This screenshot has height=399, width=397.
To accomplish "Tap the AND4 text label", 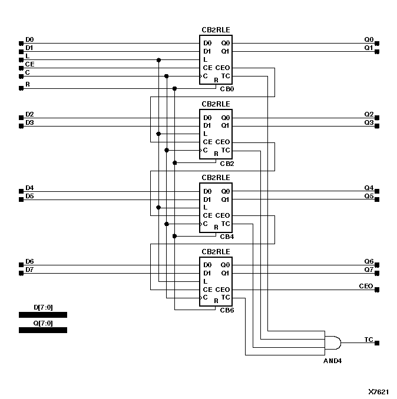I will point(332,360).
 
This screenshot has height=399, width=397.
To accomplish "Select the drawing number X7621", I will point(378,391).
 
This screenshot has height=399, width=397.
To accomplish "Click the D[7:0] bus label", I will point(43,307).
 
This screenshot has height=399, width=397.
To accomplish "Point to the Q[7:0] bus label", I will point(43,322).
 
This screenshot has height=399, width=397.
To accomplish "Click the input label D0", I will point(29,39).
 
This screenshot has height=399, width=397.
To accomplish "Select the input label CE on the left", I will point(29,64).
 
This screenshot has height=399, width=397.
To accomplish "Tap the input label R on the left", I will point(27,85).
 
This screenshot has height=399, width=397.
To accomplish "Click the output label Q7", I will point(369,270).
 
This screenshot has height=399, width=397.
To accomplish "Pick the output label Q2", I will point(369,114).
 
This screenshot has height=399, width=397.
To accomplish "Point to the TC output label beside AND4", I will point(368,340).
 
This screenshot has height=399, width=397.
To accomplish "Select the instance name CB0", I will point(227,89).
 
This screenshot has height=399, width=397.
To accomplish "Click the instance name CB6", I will point(227,310).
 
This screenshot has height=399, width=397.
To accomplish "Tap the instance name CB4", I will point(227,237).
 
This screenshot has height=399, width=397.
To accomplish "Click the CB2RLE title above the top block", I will point(216,30).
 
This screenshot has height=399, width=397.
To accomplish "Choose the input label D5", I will point(29,196).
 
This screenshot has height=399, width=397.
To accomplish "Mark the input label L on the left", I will point(27,55).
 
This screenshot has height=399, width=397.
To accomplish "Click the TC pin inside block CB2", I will point(226,150).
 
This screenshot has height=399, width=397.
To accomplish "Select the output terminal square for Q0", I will point(377,44).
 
